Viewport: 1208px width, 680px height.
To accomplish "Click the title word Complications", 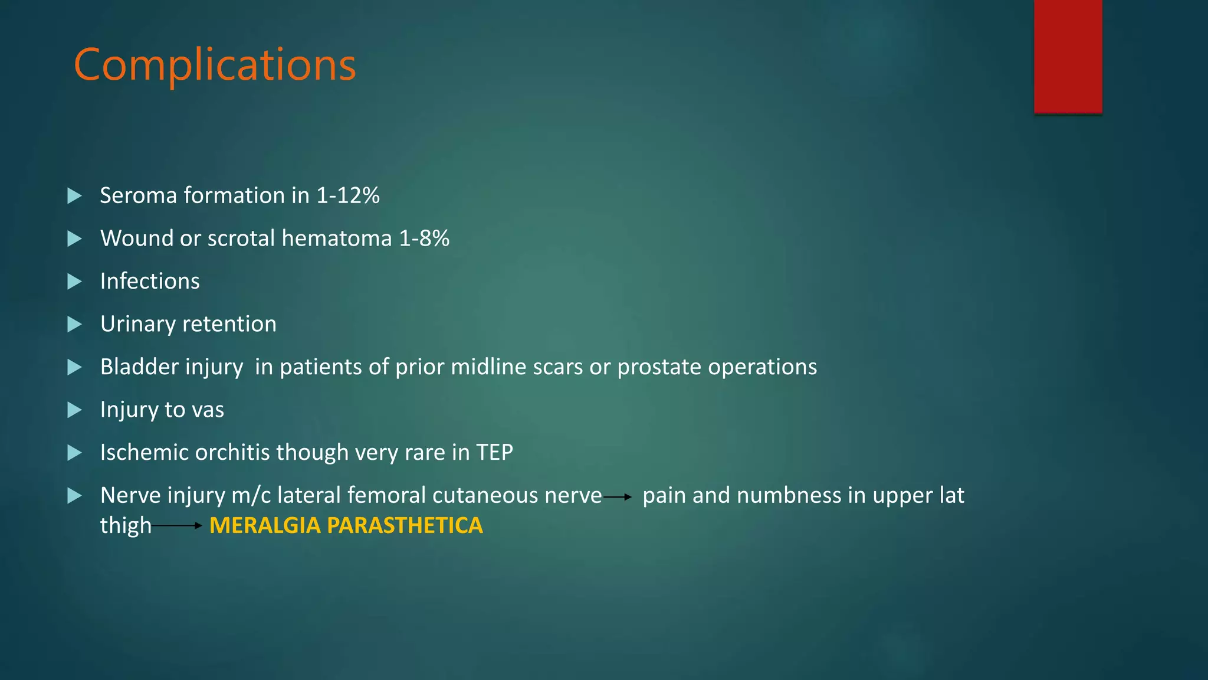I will (215, 64).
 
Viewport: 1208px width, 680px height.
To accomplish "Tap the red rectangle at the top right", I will (1068, 56).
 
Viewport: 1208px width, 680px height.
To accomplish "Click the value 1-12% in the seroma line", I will (348, 195).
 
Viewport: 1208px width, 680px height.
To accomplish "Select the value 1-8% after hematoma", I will (424, 238).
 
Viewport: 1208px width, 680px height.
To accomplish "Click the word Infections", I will (150, 281).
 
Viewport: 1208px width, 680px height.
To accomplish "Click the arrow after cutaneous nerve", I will (618, 498).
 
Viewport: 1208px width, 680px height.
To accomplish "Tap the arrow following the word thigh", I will (177, 525).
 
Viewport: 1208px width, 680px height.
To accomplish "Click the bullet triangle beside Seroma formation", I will (74, 195).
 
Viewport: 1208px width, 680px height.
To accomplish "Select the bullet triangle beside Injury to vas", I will (74, 410).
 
